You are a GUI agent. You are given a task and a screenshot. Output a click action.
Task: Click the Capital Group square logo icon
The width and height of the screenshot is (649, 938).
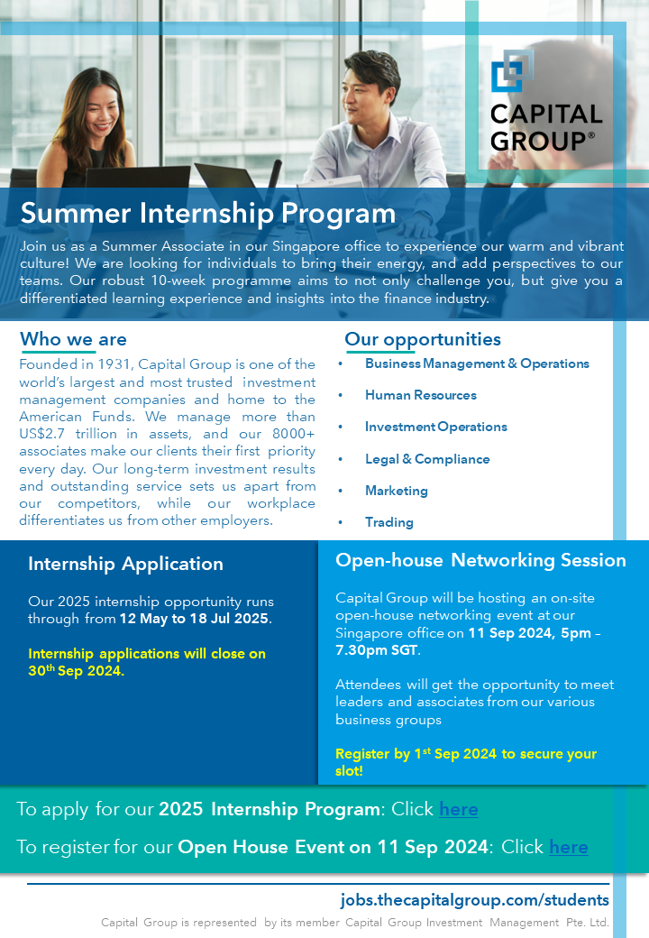pyautogui.click(x=512, y=71)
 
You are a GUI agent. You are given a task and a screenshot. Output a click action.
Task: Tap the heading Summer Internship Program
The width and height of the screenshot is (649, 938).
pyautogui.click(x=208, y=214)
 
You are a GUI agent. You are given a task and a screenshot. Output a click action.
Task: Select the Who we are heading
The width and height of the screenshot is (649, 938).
pyautogui.click(x=73, y=339)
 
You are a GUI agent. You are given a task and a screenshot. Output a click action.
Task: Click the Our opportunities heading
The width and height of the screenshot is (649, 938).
pyautogui.click(x=423, y=340)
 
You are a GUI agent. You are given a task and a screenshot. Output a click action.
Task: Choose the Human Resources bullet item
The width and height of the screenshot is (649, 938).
pyautogui.click(x=420, y=395)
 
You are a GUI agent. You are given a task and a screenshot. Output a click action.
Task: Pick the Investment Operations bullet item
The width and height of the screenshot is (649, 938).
pyautogui.click(x=435, y=427)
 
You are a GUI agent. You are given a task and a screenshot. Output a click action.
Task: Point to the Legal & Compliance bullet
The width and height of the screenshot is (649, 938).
pyautogui.click(x=427, y=459)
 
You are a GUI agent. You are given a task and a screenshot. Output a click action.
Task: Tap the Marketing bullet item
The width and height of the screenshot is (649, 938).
pyautogui.click(x=396, y=491)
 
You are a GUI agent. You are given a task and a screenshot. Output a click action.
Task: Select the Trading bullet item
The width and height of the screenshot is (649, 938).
pyautogui.click(x=388, y=522)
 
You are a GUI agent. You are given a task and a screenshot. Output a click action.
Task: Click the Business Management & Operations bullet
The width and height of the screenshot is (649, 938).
pyautogui.click(x=477, y=363)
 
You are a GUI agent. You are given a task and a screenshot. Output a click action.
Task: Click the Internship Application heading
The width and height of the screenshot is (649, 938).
pyautogui.click(x=125, y=564)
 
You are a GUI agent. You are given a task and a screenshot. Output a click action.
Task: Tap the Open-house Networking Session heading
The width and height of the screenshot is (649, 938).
pyautogui.click(x=480, y=560)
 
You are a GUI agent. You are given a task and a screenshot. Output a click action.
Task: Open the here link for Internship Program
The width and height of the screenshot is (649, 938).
pyautogui.click(x=459, y=809)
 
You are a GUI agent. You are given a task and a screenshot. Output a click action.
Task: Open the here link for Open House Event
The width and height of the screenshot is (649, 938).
pyautogui.click(x=569, y=847)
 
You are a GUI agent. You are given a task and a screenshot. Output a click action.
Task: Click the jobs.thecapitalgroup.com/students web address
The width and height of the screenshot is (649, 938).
pyautogui.click(x=474, y=900)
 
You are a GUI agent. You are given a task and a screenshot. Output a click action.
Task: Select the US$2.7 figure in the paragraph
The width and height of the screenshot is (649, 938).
pyautogui.click(x=45, y=434)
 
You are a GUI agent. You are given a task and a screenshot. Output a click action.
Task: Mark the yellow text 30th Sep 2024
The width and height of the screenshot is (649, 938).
pyautogui.click(x=77, y=671)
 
